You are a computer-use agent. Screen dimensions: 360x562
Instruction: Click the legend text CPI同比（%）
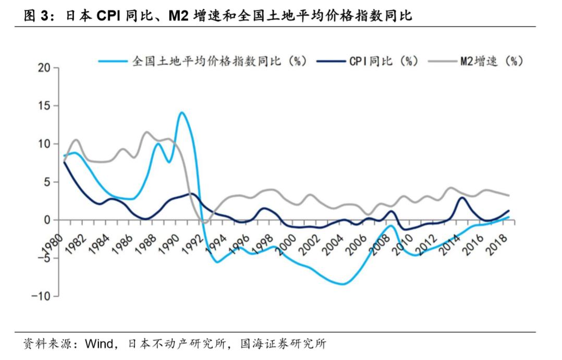coord(384,61)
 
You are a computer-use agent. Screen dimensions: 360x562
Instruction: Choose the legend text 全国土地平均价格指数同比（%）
coord(219,61)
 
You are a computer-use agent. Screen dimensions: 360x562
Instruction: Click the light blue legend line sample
coord(113,61)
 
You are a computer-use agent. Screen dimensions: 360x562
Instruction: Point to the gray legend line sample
coord(441,61)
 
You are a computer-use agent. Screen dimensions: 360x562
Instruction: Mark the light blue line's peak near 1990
coord(181,112)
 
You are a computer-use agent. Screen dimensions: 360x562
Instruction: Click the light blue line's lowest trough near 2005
coord(342,284)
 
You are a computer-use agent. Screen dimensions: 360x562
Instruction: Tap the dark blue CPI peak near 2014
coord(462,197)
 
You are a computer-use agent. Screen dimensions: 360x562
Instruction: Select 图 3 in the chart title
coord(39,16)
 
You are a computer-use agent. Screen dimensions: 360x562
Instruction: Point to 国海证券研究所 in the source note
coord(283,344)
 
